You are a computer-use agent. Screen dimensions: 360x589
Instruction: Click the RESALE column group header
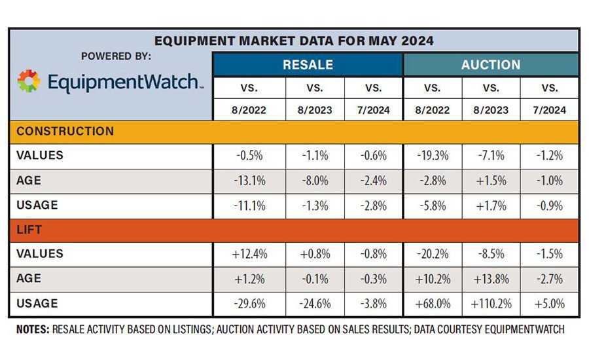point(308,65)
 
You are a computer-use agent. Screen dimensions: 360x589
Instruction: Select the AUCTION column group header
point(491,65)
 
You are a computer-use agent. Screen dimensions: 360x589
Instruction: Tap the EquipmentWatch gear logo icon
point(28,81)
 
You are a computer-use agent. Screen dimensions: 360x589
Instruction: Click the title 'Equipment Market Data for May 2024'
point(294,41)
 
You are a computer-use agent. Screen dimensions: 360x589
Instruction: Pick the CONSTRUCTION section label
point(65,131)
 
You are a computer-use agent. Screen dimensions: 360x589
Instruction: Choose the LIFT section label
point(30,229)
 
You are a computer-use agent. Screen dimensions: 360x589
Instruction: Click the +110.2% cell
point(491,304)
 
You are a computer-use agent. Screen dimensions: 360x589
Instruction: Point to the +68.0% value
point(432,304)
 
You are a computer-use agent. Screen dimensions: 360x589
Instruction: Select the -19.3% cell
point(432,156)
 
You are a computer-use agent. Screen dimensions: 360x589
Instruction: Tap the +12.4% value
point(250,254)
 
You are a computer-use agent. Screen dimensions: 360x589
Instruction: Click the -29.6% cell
point(250,304)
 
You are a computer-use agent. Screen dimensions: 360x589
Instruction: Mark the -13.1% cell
point(250,181)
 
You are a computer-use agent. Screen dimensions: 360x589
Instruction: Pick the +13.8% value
point(491,279)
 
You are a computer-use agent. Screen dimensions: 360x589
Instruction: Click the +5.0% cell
point(550,304)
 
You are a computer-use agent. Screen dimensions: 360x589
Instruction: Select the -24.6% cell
point(315,304)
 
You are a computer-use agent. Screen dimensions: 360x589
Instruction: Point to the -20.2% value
point(432,254)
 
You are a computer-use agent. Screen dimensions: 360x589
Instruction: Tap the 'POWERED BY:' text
point(116,56)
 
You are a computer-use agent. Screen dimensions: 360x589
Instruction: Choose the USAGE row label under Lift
point(37,303)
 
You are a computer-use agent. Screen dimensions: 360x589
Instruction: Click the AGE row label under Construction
point(28,180)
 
